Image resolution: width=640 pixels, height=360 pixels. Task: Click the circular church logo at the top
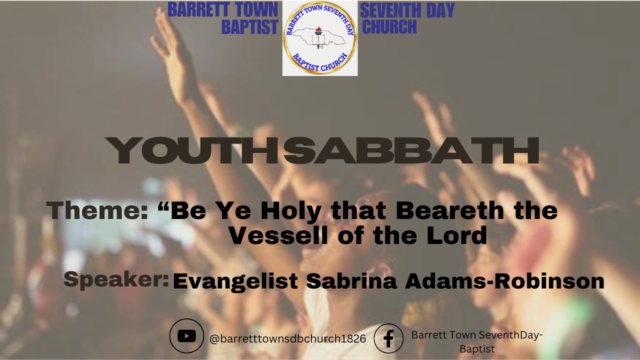320,38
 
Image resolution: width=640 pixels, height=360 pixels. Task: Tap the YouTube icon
186,336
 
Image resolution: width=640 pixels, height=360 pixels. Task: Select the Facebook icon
388,338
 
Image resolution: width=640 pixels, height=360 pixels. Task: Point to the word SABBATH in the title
411,150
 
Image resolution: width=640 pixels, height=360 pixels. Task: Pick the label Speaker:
116,280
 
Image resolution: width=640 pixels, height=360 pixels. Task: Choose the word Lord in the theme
459,235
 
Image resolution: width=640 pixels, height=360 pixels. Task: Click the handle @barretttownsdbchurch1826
288,338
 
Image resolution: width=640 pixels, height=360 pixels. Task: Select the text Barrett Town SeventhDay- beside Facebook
477,335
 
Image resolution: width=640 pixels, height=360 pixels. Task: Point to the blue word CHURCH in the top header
389,27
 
